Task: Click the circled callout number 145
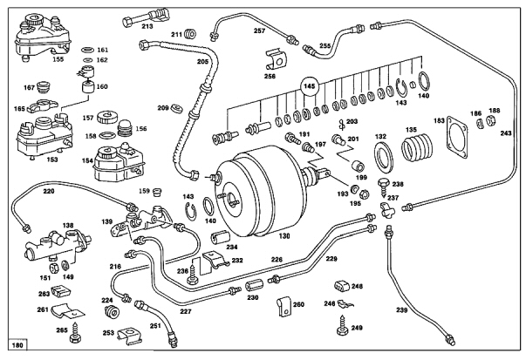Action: [309, 87]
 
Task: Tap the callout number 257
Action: [259, 31]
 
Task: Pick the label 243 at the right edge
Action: [506, 133]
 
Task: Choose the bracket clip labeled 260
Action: [281, 306]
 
